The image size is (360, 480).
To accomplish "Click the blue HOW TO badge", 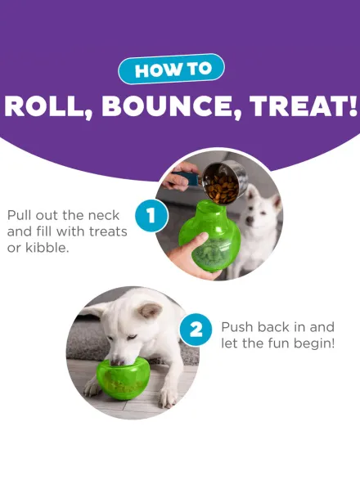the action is [x=171, y=70].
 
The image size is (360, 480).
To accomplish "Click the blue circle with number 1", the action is [x=151, y=216].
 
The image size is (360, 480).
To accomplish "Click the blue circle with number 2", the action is [x=196, y=330].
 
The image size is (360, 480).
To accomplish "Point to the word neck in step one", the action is [x=103, y=215].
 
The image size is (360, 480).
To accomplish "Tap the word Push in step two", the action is [x=237, y=327].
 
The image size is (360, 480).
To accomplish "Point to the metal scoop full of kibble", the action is [x=224, y=182].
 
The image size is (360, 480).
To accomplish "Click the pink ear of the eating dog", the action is [x=150, y=310].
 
